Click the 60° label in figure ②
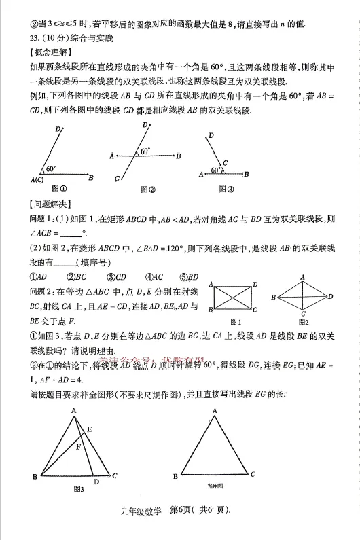point(145,151)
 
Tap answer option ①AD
point(37,276)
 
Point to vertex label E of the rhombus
point(330,297)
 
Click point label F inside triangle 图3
point(78,446)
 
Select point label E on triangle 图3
point(90,429)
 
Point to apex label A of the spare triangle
point(215,410)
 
